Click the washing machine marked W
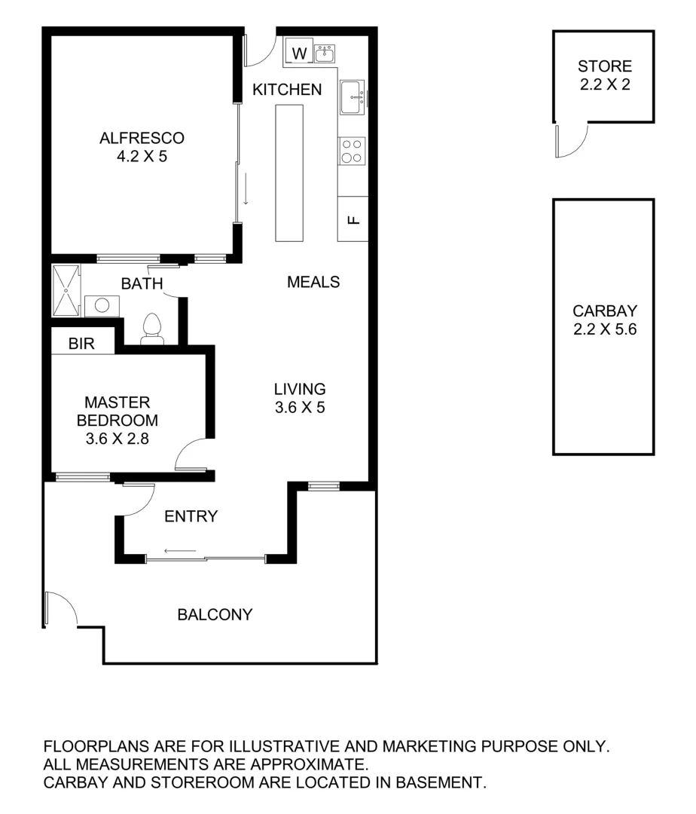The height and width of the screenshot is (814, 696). pyautogui.click(x=299, y=54)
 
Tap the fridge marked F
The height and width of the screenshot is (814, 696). pyautogui.click(x=353, y=219)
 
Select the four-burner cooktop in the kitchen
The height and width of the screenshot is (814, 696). pyautogui.click(x=352, y=150)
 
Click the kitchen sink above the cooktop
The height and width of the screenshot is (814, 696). pyautogui.click(x=352, y=96)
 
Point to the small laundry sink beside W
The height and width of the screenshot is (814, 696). pyautogui.click(x=325, y=53)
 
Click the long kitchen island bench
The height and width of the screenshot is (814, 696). pyautogui.click(x=289, y=173)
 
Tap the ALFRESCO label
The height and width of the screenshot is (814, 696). pyautogui.click(x=142, y=138)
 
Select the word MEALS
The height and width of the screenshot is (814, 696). pyautogui.click(x=313, y=282)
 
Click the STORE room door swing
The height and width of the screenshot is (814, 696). pyautogui.click(x=571, y=142)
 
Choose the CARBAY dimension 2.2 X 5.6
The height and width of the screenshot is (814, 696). pyautogui.click(x=604, y=329)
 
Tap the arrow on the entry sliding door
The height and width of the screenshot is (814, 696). pyautogui.click(x=179, y=551)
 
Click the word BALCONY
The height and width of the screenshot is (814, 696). pyautogui.click(x=215, y=614)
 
